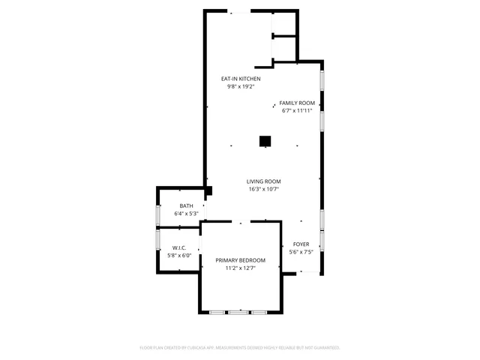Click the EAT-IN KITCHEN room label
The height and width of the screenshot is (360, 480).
point(240,79)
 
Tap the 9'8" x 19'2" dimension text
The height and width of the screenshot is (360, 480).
point(240,87)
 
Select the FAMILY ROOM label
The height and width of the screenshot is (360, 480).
point(297,103)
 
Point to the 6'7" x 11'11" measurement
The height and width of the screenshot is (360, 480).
point(297,111)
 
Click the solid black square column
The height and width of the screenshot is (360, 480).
point(265,140)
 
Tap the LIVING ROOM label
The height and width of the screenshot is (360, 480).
point(264,181)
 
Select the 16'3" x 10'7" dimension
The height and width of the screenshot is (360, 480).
point(264,189)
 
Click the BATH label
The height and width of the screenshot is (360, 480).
point(186,205)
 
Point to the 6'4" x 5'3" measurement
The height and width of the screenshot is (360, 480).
point(186,214)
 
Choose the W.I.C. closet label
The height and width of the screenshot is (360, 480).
point(179,247)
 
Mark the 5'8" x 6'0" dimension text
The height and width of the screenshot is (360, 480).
point(179,256)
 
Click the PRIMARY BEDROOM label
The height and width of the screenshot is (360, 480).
point(240,259)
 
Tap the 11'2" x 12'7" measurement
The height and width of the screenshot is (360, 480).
point(240,268)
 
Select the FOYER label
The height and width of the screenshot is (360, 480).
point(301,244)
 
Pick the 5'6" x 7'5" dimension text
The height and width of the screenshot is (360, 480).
point(301,252)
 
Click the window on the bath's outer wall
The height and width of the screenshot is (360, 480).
point(157,214)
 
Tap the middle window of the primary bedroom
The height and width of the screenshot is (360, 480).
point(238,312)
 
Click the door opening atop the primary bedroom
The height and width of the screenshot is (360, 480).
point(241,221)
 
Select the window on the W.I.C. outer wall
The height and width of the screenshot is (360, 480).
point(157,240)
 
